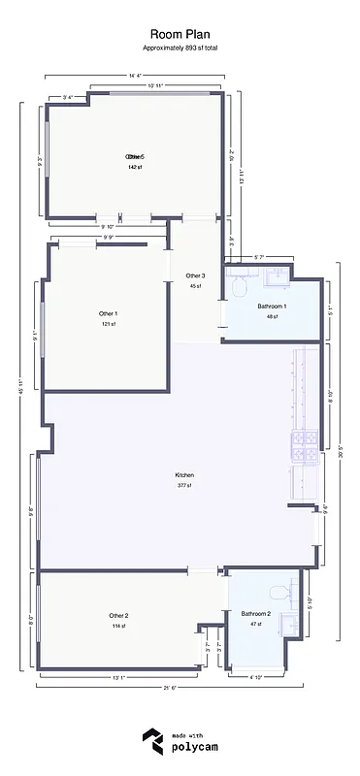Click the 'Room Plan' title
[x=180, y=32]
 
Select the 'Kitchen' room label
[x=183, y=474]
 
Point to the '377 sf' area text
[x=183, y=485]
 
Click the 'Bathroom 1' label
[x=273, y=307]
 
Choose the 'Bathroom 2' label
[x=256, y=613]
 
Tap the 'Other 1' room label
[x=108, y=313]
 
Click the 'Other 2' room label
[x=118, y=615]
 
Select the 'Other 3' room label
[x=195, y=275]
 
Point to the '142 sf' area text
[x=134, y=167]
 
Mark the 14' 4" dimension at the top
[x=135, y=75]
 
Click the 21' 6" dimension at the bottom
[x=169, y=687]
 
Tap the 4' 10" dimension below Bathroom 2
[x=257, y=677]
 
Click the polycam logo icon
[x=151, y=742]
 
